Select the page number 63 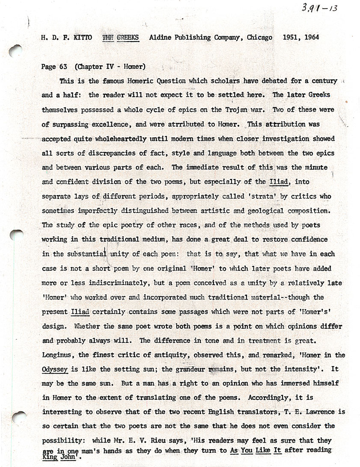63,67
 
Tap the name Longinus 58,355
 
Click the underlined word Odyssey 56,369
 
